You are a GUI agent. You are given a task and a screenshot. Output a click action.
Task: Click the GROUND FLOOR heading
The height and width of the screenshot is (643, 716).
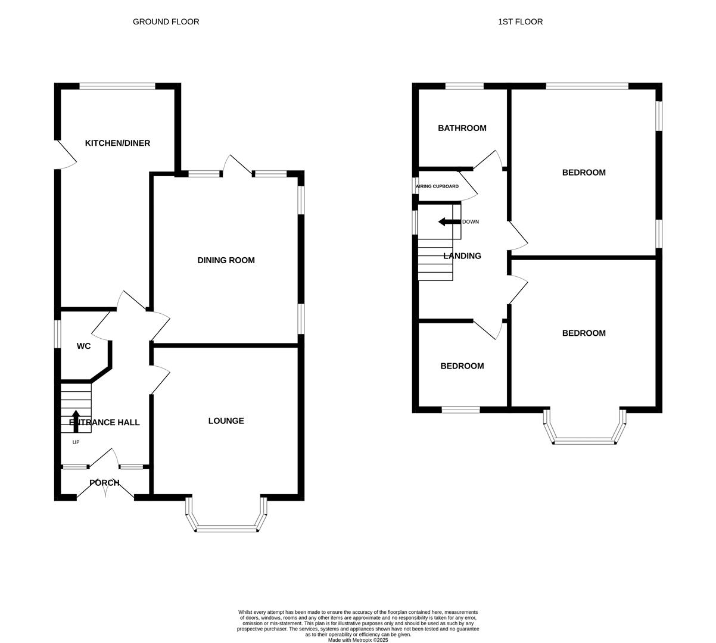click(x=166, y=22)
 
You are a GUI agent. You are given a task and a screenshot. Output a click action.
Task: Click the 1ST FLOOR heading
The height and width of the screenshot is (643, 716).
click(x=520, y=22)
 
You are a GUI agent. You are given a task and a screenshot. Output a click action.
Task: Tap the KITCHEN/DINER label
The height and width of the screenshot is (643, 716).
click(x=117, y=143)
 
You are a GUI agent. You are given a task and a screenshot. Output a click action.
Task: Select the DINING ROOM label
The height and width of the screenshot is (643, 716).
click(x=226, y=260)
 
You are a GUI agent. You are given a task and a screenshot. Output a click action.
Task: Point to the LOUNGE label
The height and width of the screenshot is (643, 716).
click(x=226, y=421)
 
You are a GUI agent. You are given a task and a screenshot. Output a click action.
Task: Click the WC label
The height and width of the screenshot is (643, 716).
click(x=83, y=346)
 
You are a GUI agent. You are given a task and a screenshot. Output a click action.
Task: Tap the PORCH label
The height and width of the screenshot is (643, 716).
click(x=104, y=483)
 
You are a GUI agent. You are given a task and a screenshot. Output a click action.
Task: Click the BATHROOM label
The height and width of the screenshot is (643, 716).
click(x=462, y=128)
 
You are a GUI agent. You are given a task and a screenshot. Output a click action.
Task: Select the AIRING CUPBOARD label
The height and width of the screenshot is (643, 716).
click(x=437, y=186)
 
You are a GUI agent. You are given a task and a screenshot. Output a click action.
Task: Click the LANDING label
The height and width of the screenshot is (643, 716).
click(x=462, y=256)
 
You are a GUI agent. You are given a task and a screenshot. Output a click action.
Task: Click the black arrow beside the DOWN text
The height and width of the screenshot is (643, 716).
click(x=449, y=222)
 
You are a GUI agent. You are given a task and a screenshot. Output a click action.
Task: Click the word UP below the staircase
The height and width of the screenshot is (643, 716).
click(x=76, y=442)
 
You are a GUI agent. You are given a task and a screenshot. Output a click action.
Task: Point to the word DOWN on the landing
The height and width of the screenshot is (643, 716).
click(x=470, y=222)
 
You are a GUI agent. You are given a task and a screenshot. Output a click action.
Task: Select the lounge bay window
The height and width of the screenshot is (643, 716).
click(x=226, y=527)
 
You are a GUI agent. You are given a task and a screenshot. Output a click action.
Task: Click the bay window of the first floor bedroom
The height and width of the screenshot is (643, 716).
click(x=584, y=441)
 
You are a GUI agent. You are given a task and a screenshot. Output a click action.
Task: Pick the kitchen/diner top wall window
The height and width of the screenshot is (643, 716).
click(x=117, y=86)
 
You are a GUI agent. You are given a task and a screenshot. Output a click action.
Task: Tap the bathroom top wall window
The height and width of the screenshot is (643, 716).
click(x=464, y=86)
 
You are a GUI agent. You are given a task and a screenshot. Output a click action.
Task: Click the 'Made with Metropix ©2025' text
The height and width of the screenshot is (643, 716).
click(x=357, y=640)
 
